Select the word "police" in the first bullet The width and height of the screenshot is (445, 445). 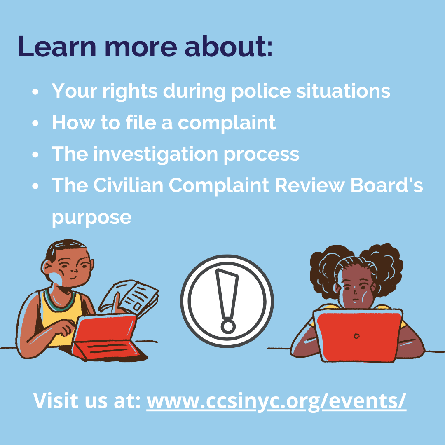[x=261, y=91]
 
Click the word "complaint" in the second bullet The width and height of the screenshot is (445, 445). [x=227, y=123]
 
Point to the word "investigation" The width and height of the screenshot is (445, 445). [x=155, y=155]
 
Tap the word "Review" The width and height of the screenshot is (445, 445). [x=310, y=185]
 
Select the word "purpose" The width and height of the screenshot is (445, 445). [x=91, y=218]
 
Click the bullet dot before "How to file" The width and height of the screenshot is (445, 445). [x=35, y=123]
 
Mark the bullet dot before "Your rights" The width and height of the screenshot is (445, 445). [x=35, y=91]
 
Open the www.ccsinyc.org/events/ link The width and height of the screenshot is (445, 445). [x=276, y=401]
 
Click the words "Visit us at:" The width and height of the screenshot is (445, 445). [x=87, y=400]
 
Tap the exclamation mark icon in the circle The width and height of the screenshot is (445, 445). [x=227, y=301]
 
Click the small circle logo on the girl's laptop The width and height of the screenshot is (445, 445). [x=357, y=336]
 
